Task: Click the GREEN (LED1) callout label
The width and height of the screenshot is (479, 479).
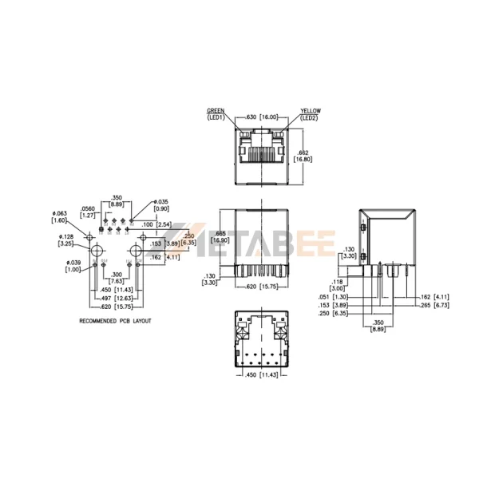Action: [216, 113]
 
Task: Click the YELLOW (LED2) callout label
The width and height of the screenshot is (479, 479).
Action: [310, 113]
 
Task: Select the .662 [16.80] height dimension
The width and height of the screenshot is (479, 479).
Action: [303, 156]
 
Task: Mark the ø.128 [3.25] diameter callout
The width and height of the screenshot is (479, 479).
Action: [66, 240]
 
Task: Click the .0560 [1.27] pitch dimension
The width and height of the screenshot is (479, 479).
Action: [89, 212]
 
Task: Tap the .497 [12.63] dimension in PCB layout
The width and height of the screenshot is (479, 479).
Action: [113, 297]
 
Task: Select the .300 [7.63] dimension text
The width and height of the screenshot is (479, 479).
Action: [116, 278]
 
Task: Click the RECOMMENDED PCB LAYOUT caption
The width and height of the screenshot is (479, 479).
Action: [115, 321]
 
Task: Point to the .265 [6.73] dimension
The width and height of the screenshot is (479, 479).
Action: [434, 305]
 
